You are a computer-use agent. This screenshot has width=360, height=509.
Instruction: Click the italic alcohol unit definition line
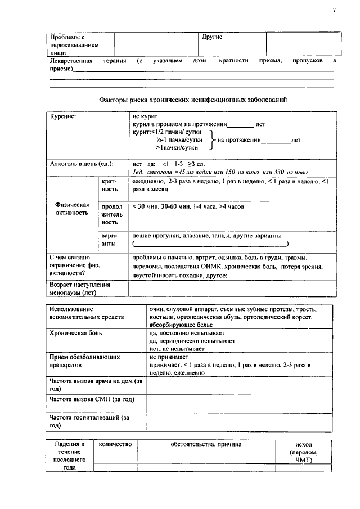pos(220,172)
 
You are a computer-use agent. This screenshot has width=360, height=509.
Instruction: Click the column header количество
pos(115,444)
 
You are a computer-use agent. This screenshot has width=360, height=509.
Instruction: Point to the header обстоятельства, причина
pos(206,444)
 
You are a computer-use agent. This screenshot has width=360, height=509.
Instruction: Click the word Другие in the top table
pos(212,37)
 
